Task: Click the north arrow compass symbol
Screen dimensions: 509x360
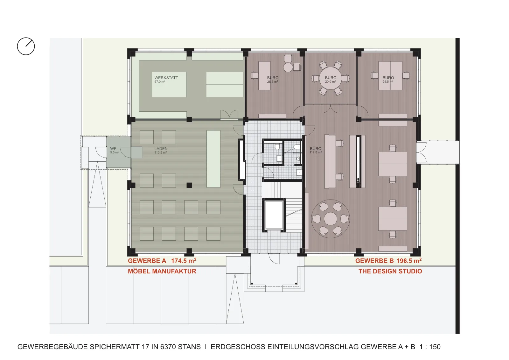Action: pyautogui.click(x=26, y=46)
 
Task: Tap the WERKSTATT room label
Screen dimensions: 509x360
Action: pyautogui.click(x=166, y=79)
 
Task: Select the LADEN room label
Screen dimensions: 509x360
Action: pyautogui.click(x=161, y=150)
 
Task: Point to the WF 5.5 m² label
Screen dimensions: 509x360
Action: pyautogui.click(x=115, y=150)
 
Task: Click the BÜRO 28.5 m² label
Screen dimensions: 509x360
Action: pyautogui.click(x=273, y=79)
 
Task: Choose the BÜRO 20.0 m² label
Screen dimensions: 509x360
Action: pyautogui.click(x=331, y=79)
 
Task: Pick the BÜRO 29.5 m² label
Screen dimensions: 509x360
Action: pyautogui.click(x=388, y=79)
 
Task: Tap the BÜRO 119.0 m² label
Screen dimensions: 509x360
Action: pyautogui.click(x=316, y=150)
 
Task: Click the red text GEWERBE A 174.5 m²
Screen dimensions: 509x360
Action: pyautogui.click(x=162, y=261)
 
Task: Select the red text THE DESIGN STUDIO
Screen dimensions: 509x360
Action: pyautogui.click(x=390, y=271)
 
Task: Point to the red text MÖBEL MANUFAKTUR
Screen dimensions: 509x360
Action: pyautogui.click(x=162, y=271)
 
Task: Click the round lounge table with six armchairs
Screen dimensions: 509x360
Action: pyautogui.click(x=331, y=219)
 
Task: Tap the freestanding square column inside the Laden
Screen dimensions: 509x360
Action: pyautogui.click(x=189, y=185)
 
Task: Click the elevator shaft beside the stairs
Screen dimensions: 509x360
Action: pyautogui.click(x=274, y=215)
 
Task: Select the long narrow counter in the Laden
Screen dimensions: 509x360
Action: pyautogui.click(x=213, y=159)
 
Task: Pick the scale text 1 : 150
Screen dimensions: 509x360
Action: pyautogui.click(x=430, y=347)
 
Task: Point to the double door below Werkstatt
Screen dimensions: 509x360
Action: pyautogui.click(x=229, y=115)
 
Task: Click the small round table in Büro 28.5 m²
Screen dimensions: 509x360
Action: pyautogui.click(x=288, y=67)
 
